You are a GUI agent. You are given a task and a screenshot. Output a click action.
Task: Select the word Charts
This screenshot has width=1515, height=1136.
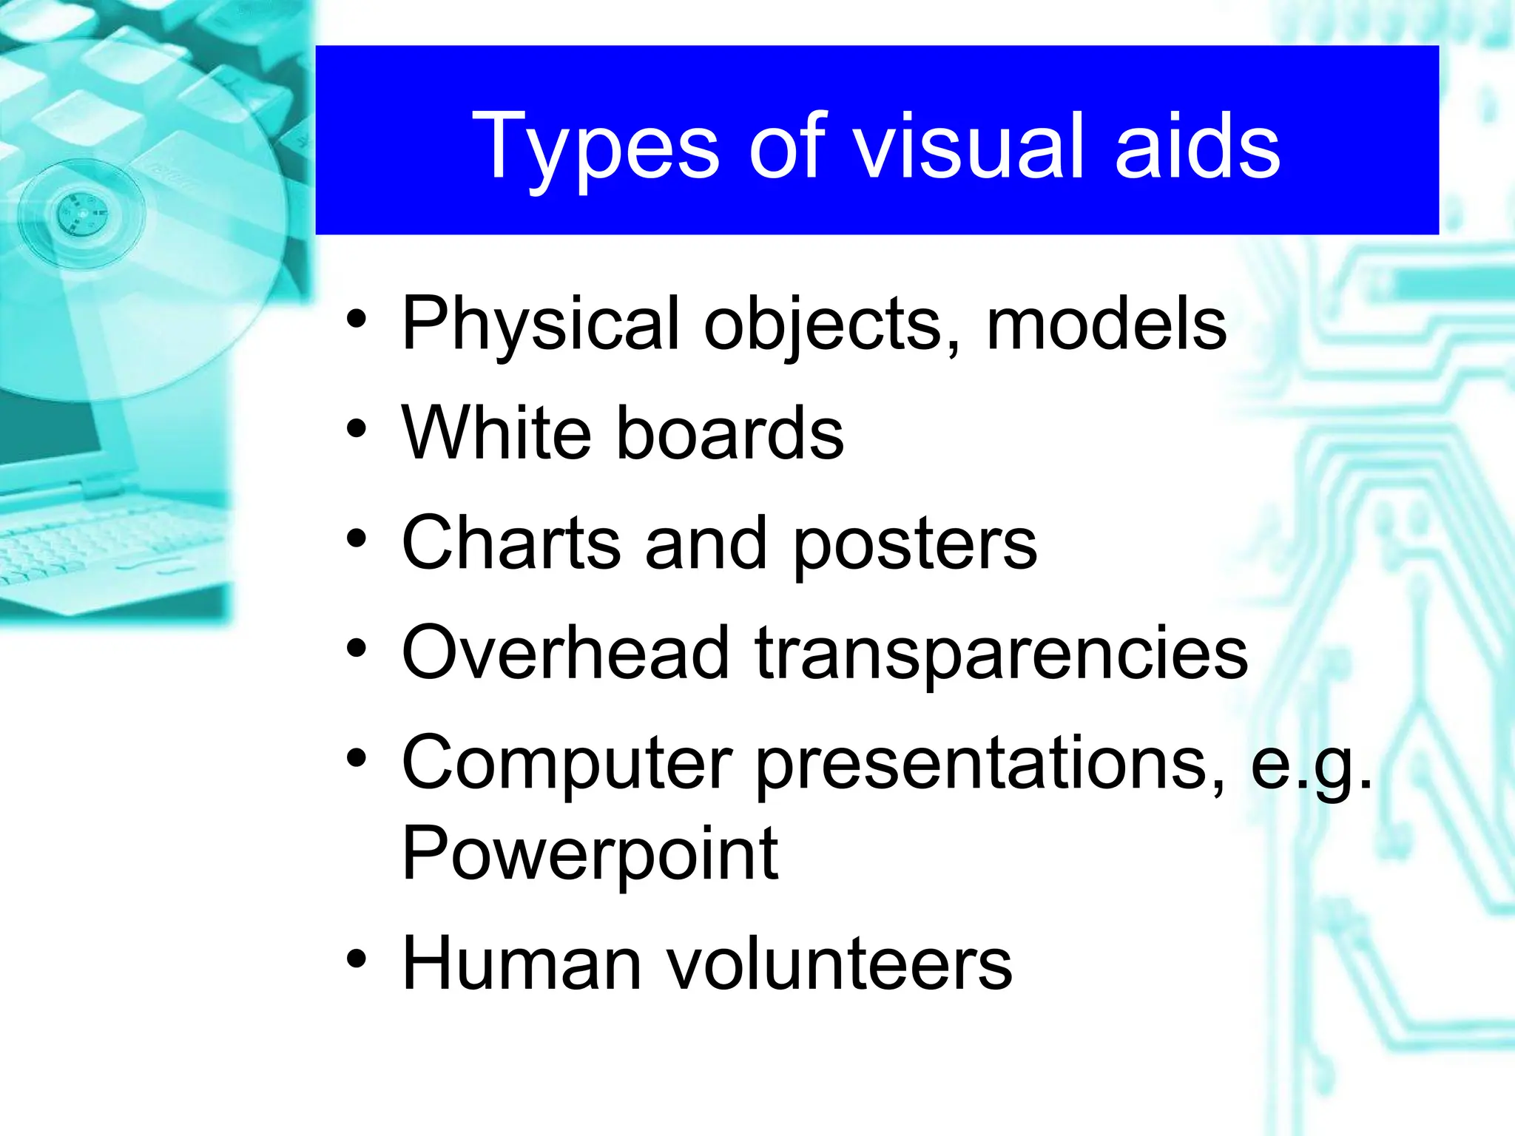511,543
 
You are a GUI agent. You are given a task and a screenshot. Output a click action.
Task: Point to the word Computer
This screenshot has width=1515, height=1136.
567,765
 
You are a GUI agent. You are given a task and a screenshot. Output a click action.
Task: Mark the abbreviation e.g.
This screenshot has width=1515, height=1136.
1311,765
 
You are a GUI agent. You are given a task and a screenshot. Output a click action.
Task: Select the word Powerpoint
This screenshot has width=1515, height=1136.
590,854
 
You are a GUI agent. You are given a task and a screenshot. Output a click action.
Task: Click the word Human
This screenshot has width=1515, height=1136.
522,963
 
